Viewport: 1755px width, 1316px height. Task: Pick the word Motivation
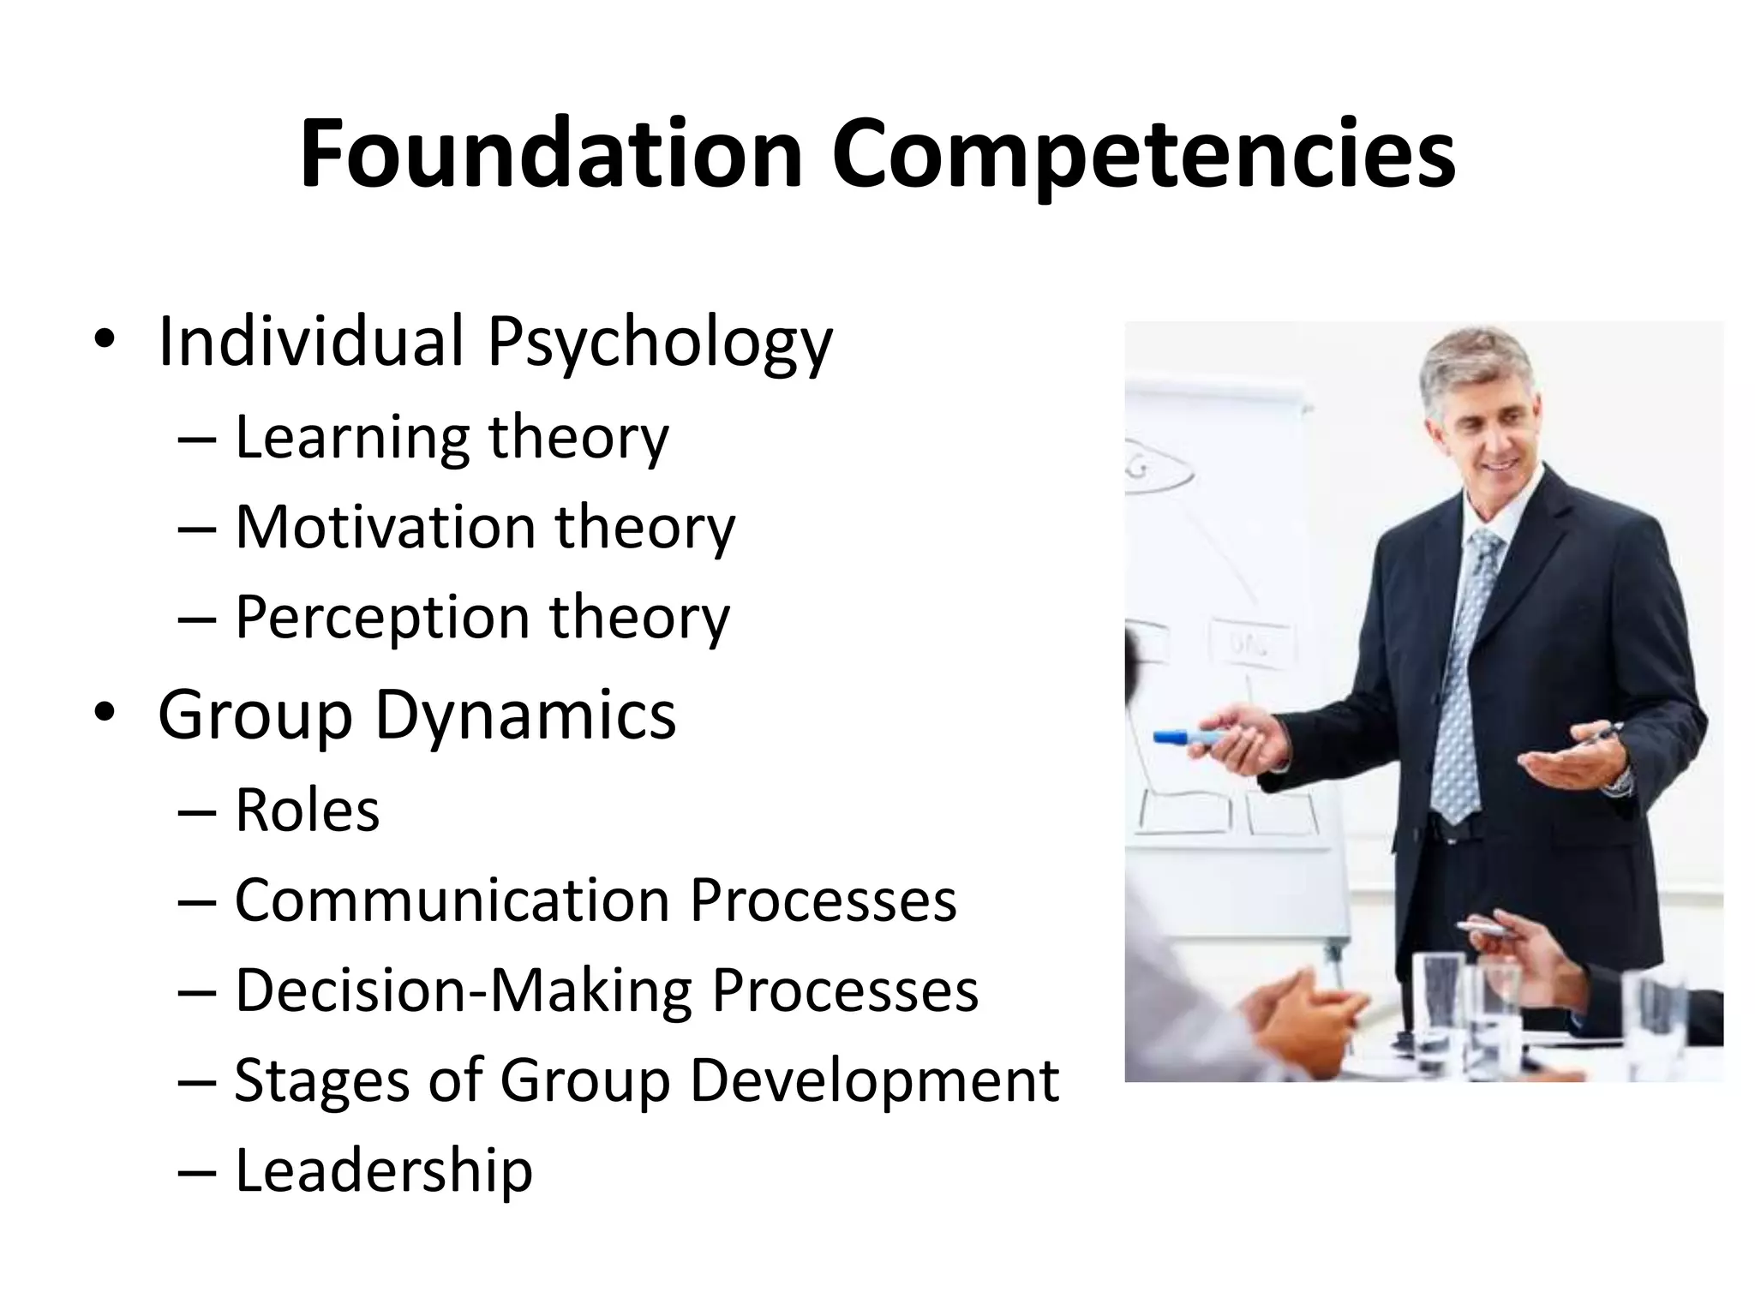[386, 527]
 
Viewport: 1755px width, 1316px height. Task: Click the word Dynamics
[525, 716]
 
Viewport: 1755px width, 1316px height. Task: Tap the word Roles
[307, 811]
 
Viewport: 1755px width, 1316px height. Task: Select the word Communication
[452, 901]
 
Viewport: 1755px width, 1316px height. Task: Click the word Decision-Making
[464, 991]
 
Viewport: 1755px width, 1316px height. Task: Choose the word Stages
[321, 1082]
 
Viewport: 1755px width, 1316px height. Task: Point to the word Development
[874, 1082]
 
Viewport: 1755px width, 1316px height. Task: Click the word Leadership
[383, 1171]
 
